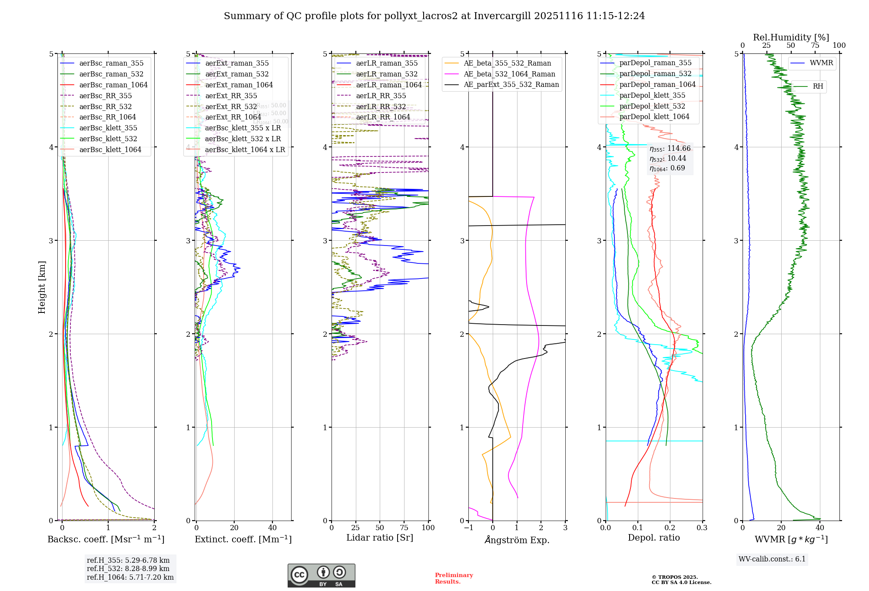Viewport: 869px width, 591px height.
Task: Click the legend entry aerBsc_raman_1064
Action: click(x=113, y=85)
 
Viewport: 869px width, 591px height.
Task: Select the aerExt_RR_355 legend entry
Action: click(x=231, y=96)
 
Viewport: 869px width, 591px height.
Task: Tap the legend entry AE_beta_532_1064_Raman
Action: click(x=509, y=74)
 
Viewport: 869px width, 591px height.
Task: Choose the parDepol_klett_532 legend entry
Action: click(x=652, y=106)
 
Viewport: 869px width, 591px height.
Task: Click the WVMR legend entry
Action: click(x=821, y=63)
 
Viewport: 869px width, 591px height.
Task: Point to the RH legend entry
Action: click(x=818, y=86)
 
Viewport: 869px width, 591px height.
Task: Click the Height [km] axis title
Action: click(x=42, y=287)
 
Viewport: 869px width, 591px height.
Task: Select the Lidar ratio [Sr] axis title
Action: click(x=380, y=538)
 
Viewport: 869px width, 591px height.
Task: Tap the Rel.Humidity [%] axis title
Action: click(x=791, y=37)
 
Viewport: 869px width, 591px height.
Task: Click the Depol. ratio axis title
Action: click(x=653, y=538)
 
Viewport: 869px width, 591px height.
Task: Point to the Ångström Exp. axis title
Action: click(x=517, y=540)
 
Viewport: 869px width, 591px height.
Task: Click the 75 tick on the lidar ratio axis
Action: click(x=404, y=528)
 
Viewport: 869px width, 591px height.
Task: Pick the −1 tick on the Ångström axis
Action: click(x=468, y=528)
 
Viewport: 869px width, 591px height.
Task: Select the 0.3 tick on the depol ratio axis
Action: click(x=702, y=528)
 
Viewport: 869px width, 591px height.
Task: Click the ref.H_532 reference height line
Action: click(x=128, y=568)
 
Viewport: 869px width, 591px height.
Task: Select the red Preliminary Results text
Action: click(x=454, y=578)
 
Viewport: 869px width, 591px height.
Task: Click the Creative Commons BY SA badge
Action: click(x=321, y=575)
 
